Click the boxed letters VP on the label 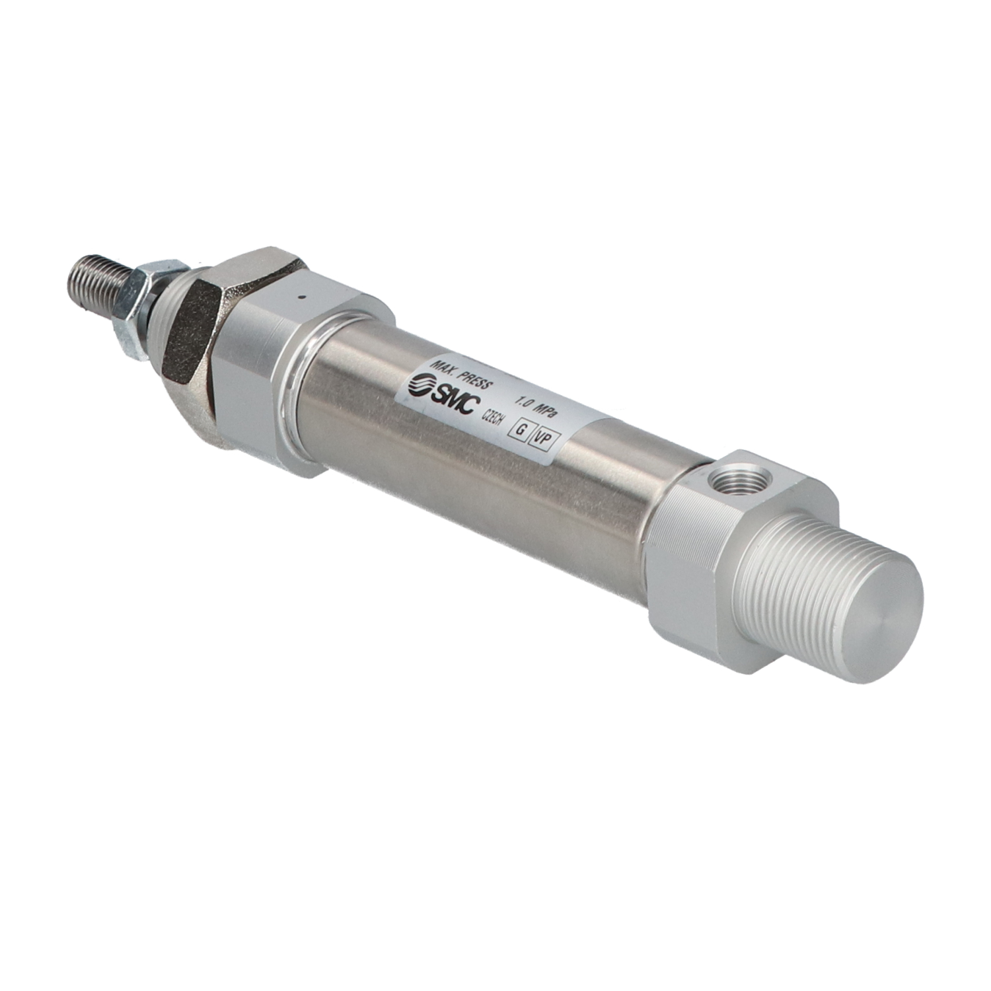click(543, 438)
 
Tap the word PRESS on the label click(477, 379)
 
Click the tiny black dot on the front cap click(301, 298)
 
